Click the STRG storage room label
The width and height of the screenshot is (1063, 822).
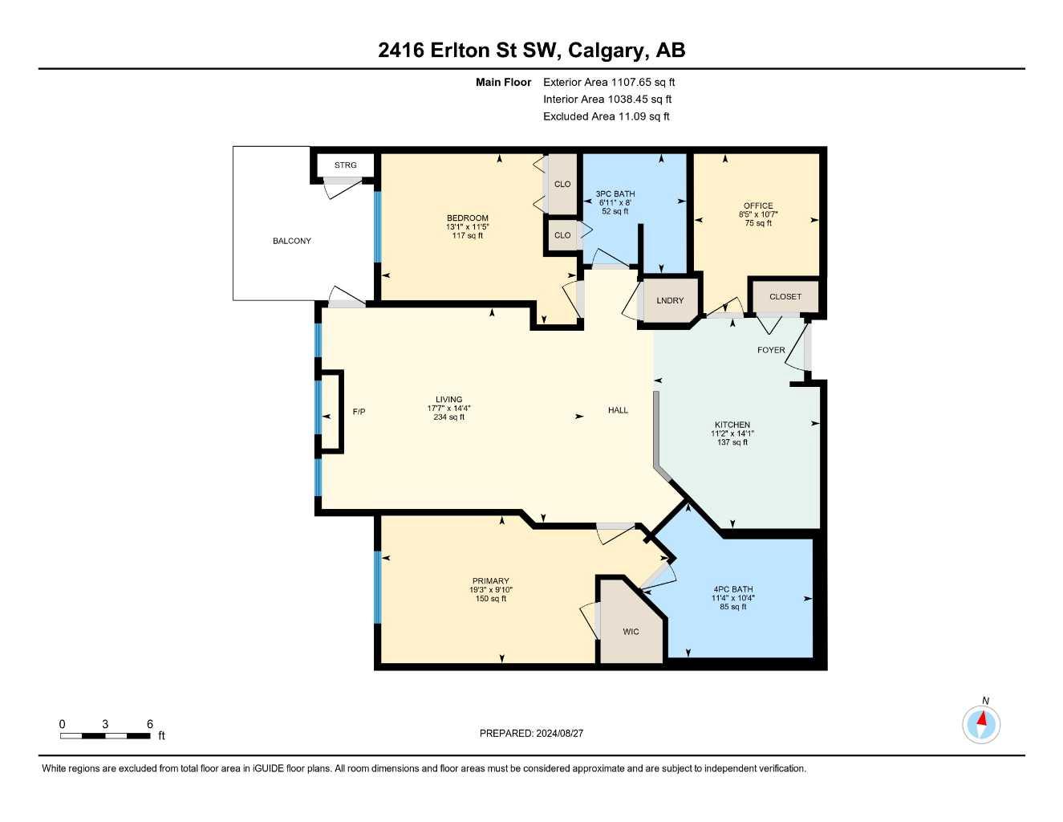pos(345,165)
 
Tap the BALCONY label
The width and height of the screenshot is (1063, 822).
pos(291,241)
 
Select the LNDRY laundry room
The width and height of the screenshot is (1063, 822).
pos(670,300)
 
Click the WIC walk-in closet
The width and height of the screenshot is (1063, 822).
pos(631,632)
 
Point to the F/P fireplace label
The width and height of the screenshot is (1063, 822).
pos(359,412)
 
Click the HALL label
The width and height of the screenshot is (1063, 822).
pos(618,410)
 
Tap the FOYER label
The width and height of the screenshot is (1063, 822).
pos(771,350)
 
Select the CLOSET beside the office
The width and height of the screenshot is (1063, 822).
pos(785,296)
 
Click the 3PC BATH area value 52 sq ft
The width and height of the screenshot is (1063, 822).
pos(615,211)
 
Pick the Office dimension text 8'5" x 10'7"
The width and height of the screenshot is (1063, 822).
pos(758,214)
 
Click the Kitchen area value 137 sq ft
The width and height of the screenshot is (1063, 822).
pos(732,442)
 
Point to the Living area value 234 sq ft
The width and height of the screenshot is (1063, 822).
pos(448,417)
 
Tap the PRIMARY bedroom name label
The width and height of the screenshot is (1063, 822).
pos(490,581)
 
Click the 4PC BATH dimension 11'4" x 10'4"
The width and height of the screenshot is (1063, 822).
pos(732,598)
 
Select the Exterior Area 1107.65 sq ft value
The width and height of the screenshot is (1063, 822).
pos(643,82)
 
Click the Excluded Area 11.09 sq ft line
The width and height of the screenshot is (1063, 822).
pos(606,116)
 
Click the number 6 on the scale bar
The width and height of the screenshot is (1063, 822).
pos(150,724)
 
